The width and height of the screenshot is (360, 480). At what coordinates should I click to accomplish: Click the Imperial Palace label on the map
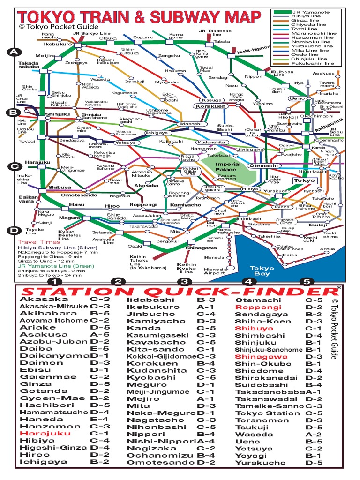click(228, 167)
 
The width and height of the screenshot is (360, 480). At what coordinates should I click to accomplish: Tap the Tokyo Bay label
click(262, 271)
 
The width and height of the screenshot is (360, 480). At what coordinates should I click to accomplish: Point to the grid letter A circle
click(15, 52)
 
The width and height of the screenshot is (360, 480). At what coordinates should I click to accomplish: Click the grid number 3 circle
click(185, 282)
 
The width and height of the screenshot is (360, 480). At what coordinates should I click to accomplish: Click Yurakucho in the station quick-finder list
click(260, 463)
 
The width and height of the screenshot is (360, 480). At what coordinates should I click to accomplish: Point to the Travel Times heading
click(32, 242)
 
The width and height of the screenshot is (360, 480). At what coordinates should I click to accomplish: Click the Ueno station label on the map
click(296, 98)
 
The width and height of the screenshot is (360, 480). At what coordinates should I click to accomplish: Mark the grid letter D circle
click(15, 230)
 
